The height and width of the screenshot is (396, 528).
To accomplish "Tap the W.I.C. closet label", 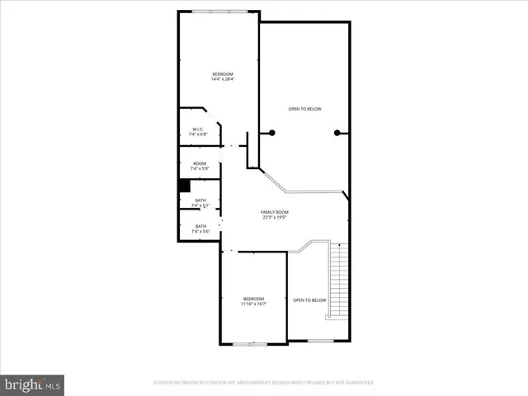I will coord(199,130).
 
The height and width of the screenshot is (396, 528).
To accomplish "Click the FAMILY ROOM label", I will coord(276,212).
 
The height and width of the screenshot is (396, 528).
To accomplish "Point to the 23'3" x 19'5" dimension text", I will coord(276,218).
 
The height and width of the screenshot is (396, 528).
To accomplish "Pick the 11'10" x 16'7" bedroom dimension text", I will coord(253,304).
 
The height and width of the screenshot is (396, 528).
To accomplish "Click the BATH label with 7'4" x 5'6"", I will coord(200,229).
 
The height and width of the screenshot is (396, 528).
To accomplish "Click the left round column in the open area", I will coord(272,133).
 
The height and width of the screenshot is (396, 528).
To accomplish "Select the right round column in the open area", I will coord(337,133).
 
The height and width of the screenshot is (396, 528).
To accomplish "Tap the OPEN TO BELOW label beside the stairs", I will coord(309,299).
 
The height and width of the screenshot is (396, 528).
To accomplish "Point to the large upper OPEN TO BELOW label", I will coord(304,109).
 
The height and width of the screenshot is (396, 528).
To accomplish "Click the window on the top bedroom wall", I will coord(219,12).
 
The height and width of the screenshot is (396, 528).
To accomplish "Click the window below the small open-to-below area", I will coord(319,341).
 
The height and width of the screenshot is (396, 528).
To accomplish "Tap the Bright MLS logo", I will coord(33,384).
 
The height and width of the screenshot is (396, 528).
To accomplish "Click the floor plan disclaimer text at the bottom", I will coord(264,383).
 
